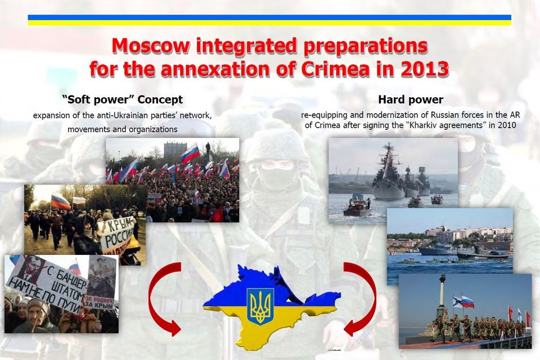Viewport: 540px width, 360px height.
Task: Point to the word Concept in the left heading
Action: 160,100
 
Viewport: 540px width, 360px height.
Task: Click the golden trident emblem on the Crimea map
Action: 260,306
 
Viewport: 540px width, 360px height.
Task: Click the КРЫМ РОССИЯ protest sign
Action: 118,233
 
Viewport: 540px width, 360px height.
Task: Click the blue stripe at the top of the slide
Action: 269,17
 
